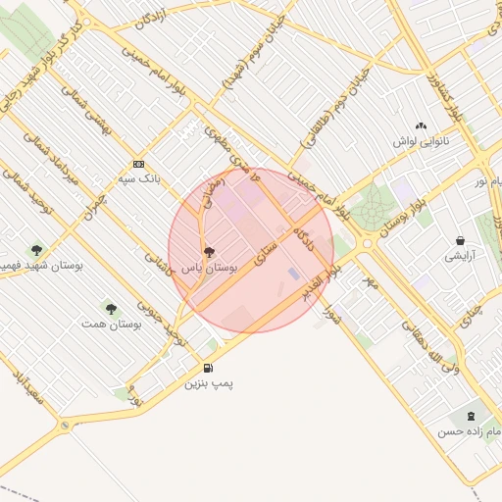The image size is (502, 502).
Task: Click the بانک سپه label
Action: pos(137,179)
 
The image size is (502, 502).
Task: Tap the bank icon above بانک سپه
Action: pos(138,165)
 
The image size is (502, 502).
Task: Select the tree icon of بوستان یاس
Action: pos(208,253)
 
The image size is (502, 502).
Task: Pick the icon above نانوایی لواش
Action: pos(422,125)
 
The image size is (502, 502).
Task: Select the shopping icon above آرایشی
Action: pos(460,241)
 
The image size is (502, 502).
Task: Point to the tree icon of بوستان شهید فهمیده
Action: pos(37,251)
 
